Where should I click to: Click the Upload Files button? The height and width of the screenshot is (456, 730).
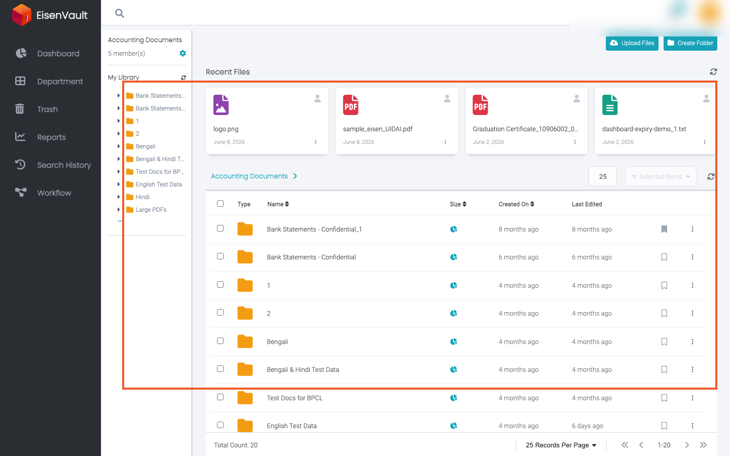click(x=632, y=43)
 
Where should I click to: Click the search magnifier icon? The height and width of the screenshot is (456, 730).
click(x=120, y=13)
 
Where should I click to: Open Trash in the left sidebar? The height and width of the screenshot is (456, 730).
click(x=47, y=109)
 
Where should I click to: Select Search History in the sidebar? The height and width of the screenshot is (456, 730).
click(x=64, y=165)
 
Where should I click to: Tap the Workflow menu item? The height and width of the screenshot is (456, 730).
click(x=54, y=193)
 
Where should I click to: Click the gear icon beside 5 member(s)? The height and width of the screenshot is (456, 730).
click(x=182, y=53)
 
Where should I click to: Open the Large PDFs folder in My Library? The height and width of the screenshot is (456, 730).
click(x=151, y=210)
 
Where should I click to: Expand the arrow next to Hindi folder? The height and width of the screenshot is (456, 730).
click(x=118, y=197)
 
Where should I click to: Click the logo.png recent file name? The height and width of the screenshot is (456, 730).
click(x=226, y=129)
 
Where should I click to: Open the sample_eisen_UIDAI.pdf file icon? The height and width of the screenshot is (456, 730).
click(x=351, y=105)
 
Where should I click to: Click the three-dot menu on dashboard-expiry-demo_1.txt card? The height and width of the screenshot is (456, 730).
click(x=705, y=142)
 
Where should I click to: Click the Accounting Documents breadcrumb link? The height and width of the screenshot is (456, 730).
click(x=249, y=176)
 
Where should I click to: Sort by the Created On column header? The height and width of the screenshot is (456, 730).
click(x=516, y=204)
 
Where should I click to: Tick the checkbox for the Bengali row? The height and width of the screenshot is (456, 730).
click(x=221, y=340)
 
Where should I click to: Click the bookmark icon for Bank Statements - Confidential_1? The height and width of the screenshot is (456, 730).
click(x=664, y=230)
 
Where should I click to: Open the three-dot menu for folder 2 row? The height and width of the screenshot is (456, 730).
click(x=692, y=313)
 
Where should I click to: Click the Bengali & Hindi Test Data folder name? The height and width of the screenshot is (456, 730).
click(x=303, y=370)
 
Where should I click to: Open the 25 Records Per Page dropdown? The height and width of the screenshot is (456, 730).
click(x=561, y=445)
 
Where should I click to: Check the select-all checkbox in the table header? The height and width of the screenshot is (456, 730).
click(x=221, y=204)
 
